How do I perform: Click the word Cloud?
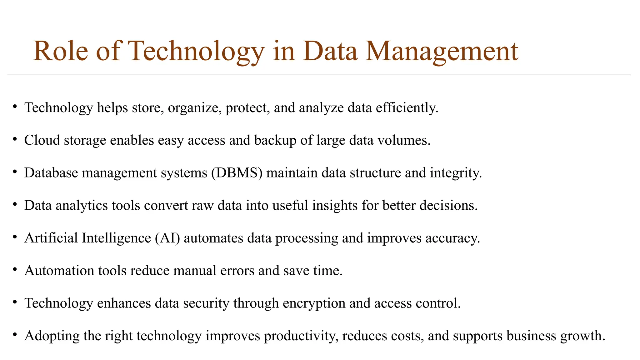pyautogui.click(x=42, y=140)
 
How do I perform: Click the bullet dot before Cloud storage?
pyautogui.click(x=15, y=140)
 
